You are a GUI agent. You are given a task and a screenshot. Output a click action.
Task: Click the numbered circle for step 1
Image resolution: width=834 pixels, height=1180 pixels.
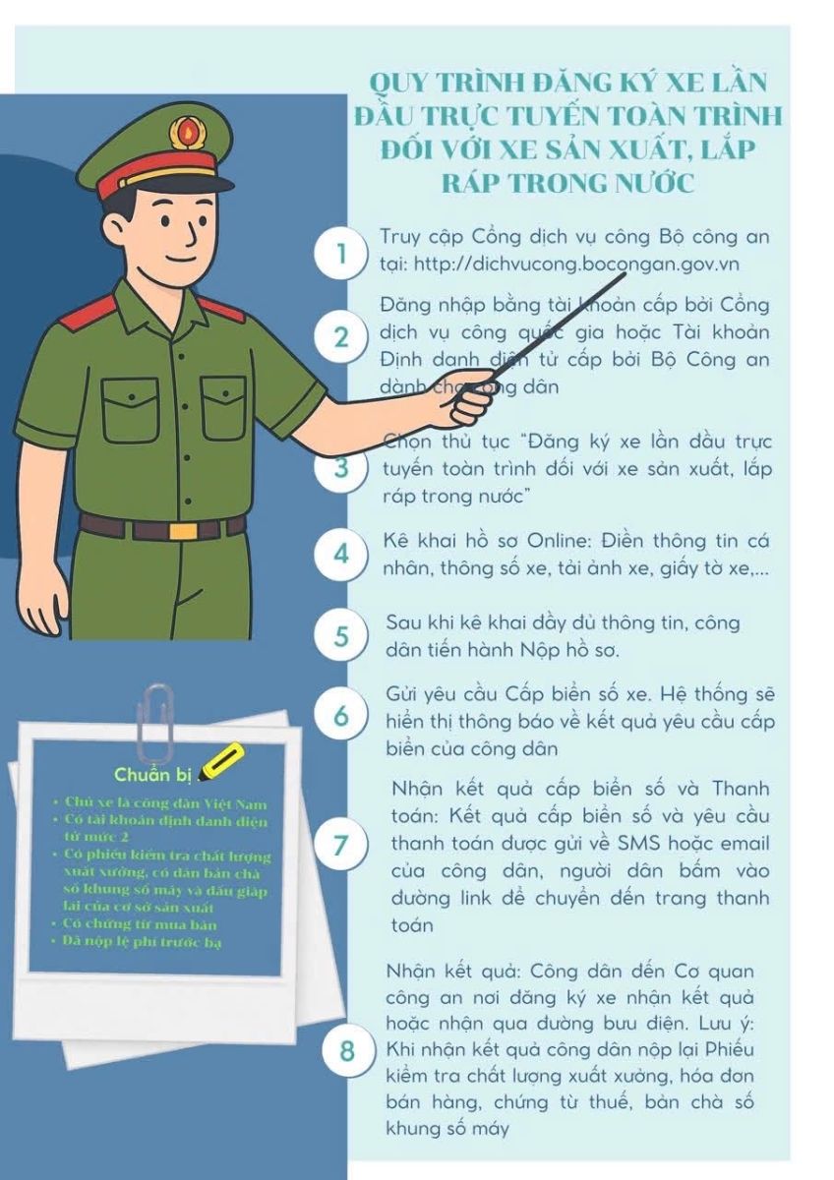point(341,254)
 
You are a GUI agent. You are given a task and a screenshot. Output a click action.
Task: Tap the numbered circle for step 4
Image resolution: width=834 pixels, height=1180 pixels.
point(341,554)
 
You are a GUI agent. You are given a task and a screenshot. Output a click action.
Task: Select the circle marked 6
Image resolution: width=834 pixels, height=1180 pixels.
point(341,715)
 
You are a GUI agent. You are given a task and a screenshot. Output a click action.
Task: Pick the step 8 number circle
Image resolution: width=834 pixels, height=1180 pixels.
point(347,1051)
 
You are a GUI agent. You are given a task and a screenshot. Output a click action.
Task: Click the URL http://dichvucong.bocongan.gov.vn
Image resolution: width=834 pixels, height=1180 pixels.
point(577,264)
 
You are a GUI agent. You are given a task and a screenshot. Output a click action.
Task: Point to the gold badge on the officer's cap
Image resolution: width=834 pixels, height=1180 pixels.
point(183,129)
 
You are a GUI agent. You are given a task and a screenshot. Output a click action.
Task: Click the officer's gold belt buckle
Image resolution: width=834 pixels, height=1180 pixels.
point(183,530)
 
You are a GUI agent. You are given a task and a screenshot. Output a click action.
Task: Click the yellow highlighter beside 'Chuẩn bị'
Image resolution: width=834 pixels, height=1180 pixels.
point(223,762)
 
